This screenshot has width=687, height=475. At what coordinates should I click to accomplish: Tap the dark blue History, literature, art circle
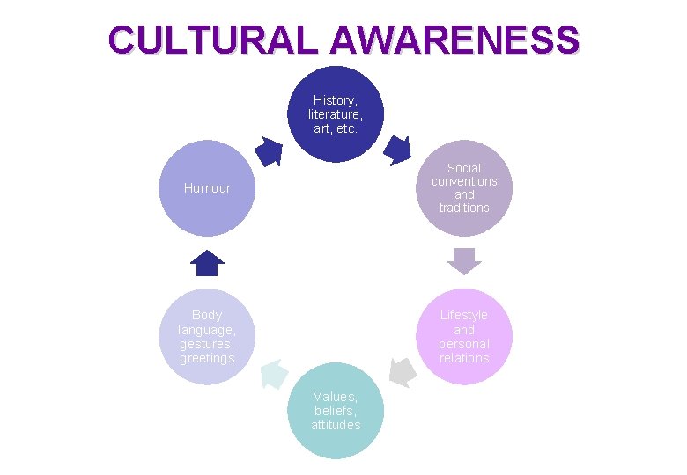tap(335, 114)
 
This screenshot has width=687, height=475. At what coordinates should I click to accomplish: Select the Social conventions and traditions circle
tap(464, 187)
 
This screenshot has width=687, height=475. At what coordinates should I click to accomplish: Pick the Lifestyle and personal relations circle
tap(464, 336)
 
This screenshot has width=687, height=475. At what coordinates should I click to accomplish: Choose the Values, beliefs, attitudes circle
tap(335, 411)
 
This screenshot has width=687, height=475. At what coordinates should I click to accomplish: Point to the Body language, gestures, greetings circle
tap(206, 336)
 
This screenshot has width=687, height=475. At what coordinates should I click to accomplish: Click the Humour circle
tap(206, 187)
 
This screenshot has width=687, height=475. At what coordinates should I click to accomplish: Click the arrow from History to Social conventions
tap(399, 150)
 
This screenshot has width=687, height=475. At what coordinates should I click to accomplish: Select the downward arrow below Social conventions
tap(464, 260)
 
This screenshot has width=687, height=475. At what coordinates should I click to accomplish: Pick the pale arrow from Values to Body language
tap(273, 374)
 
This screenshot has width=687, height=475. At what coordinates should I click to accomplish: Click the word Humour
tap(206, 188)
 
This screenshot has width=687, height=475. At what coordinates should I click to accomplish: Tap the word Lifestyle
tap(464, 315)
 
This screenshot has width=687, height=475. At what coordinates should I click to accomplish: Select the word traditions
tap(464, 208)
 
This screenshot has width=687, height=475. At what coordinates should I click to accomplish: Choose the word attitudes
tap(336, 426)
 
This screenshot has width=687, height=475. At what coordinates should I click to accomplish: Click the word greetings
tap(207, 359)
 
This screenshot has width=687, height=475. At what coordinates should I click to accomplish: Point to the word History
tap(335, 100)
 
